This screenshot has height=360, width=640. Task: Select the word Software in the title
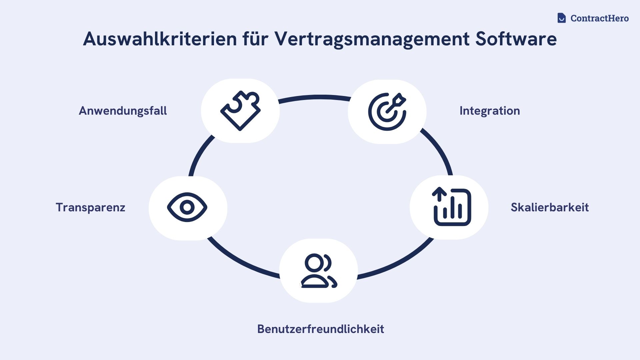pyautogui.click(x=516, y=39)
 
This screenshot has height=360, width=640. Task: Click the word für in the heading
pyautogui.click(x=255, y=39)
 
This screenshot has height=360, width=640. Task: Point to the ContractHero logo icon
pyautogui.click(x=562, y=18)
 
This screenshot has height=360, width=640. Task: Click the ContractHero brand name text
pyautogui.click(x=599, y=18)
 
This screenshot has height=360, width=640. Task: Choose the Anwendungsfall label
pyautogui.click(x=123, y=111)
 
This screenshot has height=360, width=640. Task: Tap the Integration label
pyautogui.click(x=489, y=111)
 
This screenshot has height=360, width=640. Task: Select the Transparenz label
pyautogui.click(x=90, y=207)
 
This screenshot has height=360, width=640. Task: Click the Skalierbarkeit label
pyautogui.click(x=550, y=207)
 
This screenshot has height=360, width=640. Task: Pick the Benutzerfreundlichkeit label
pyautogui.click(x=320, y=329)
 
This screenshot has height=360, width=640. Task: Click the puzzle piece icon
pyautogui.click(x=240, y=111)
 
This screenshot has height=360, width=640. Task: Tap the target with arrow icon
pyautogui.click(x=387, y=112)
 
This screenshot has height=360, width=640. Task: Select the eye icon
pyautogui.click(x=187, y=207)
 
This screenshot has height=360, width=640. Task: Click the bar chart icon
pyautogui.click(x=452, y=207)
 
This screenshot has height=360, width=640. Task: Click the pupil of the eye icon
pyautogui.click(x=187, y=207)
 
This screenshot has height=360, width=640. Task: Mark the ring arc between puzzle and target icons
pyautogui.click(x=315, y=97)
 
